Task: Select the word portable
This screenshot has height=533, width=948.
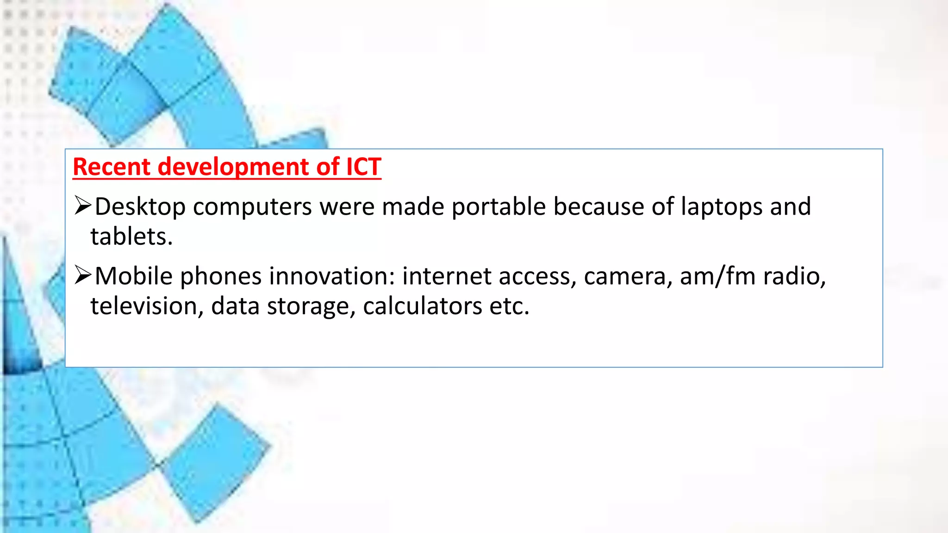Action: coord(499,206)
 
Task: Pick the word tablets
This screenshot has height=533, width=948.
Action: coord(131,237)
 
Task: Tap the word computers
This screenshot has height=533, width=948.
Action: coord(252,207)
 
